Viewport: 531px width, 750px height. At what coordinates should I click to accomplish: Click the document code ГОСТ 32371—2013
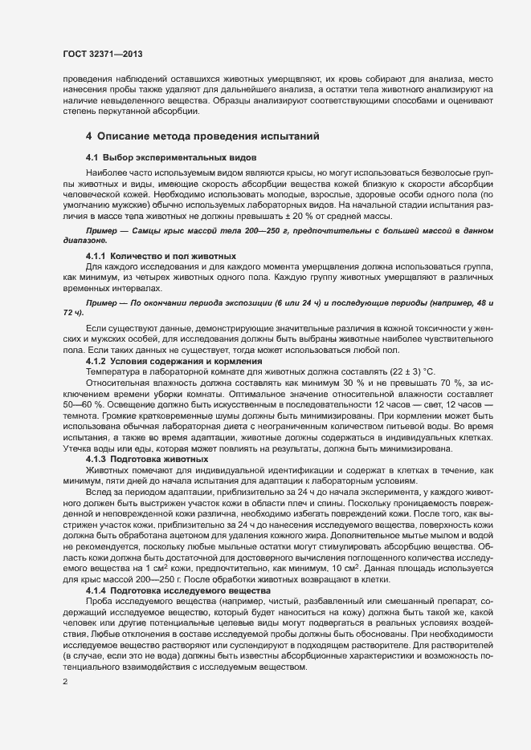point(103,54)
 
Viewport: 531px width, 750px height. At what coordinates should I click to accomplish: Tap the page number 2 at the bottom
point(65,683)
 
